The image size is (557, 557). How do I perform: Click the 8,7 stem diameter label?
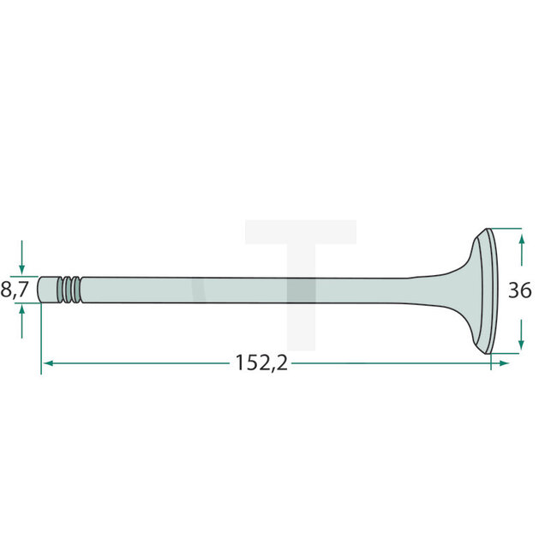[x=15, y=290]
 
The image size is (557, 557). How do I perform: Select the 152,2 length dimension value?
[x=261, y=363]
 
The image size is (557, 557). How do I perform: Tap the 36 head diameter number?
[x=519, y=290]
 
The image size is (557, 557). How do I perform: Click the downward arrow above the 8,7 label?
[x=21, y=257]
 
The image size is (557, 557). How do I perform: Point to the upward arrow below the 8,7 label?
[x=21, y=322]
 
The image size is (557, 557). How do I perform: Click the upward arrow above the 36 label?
[x=522, y=249]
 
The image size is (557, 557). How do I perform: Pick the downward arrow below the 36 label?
[x=521, y=334]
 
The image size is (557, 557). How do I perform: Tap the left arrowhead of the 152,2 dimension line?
[x=48, y=363]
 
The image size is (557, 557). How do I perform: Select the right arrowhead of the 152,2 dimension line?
[x=504, y=363]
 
